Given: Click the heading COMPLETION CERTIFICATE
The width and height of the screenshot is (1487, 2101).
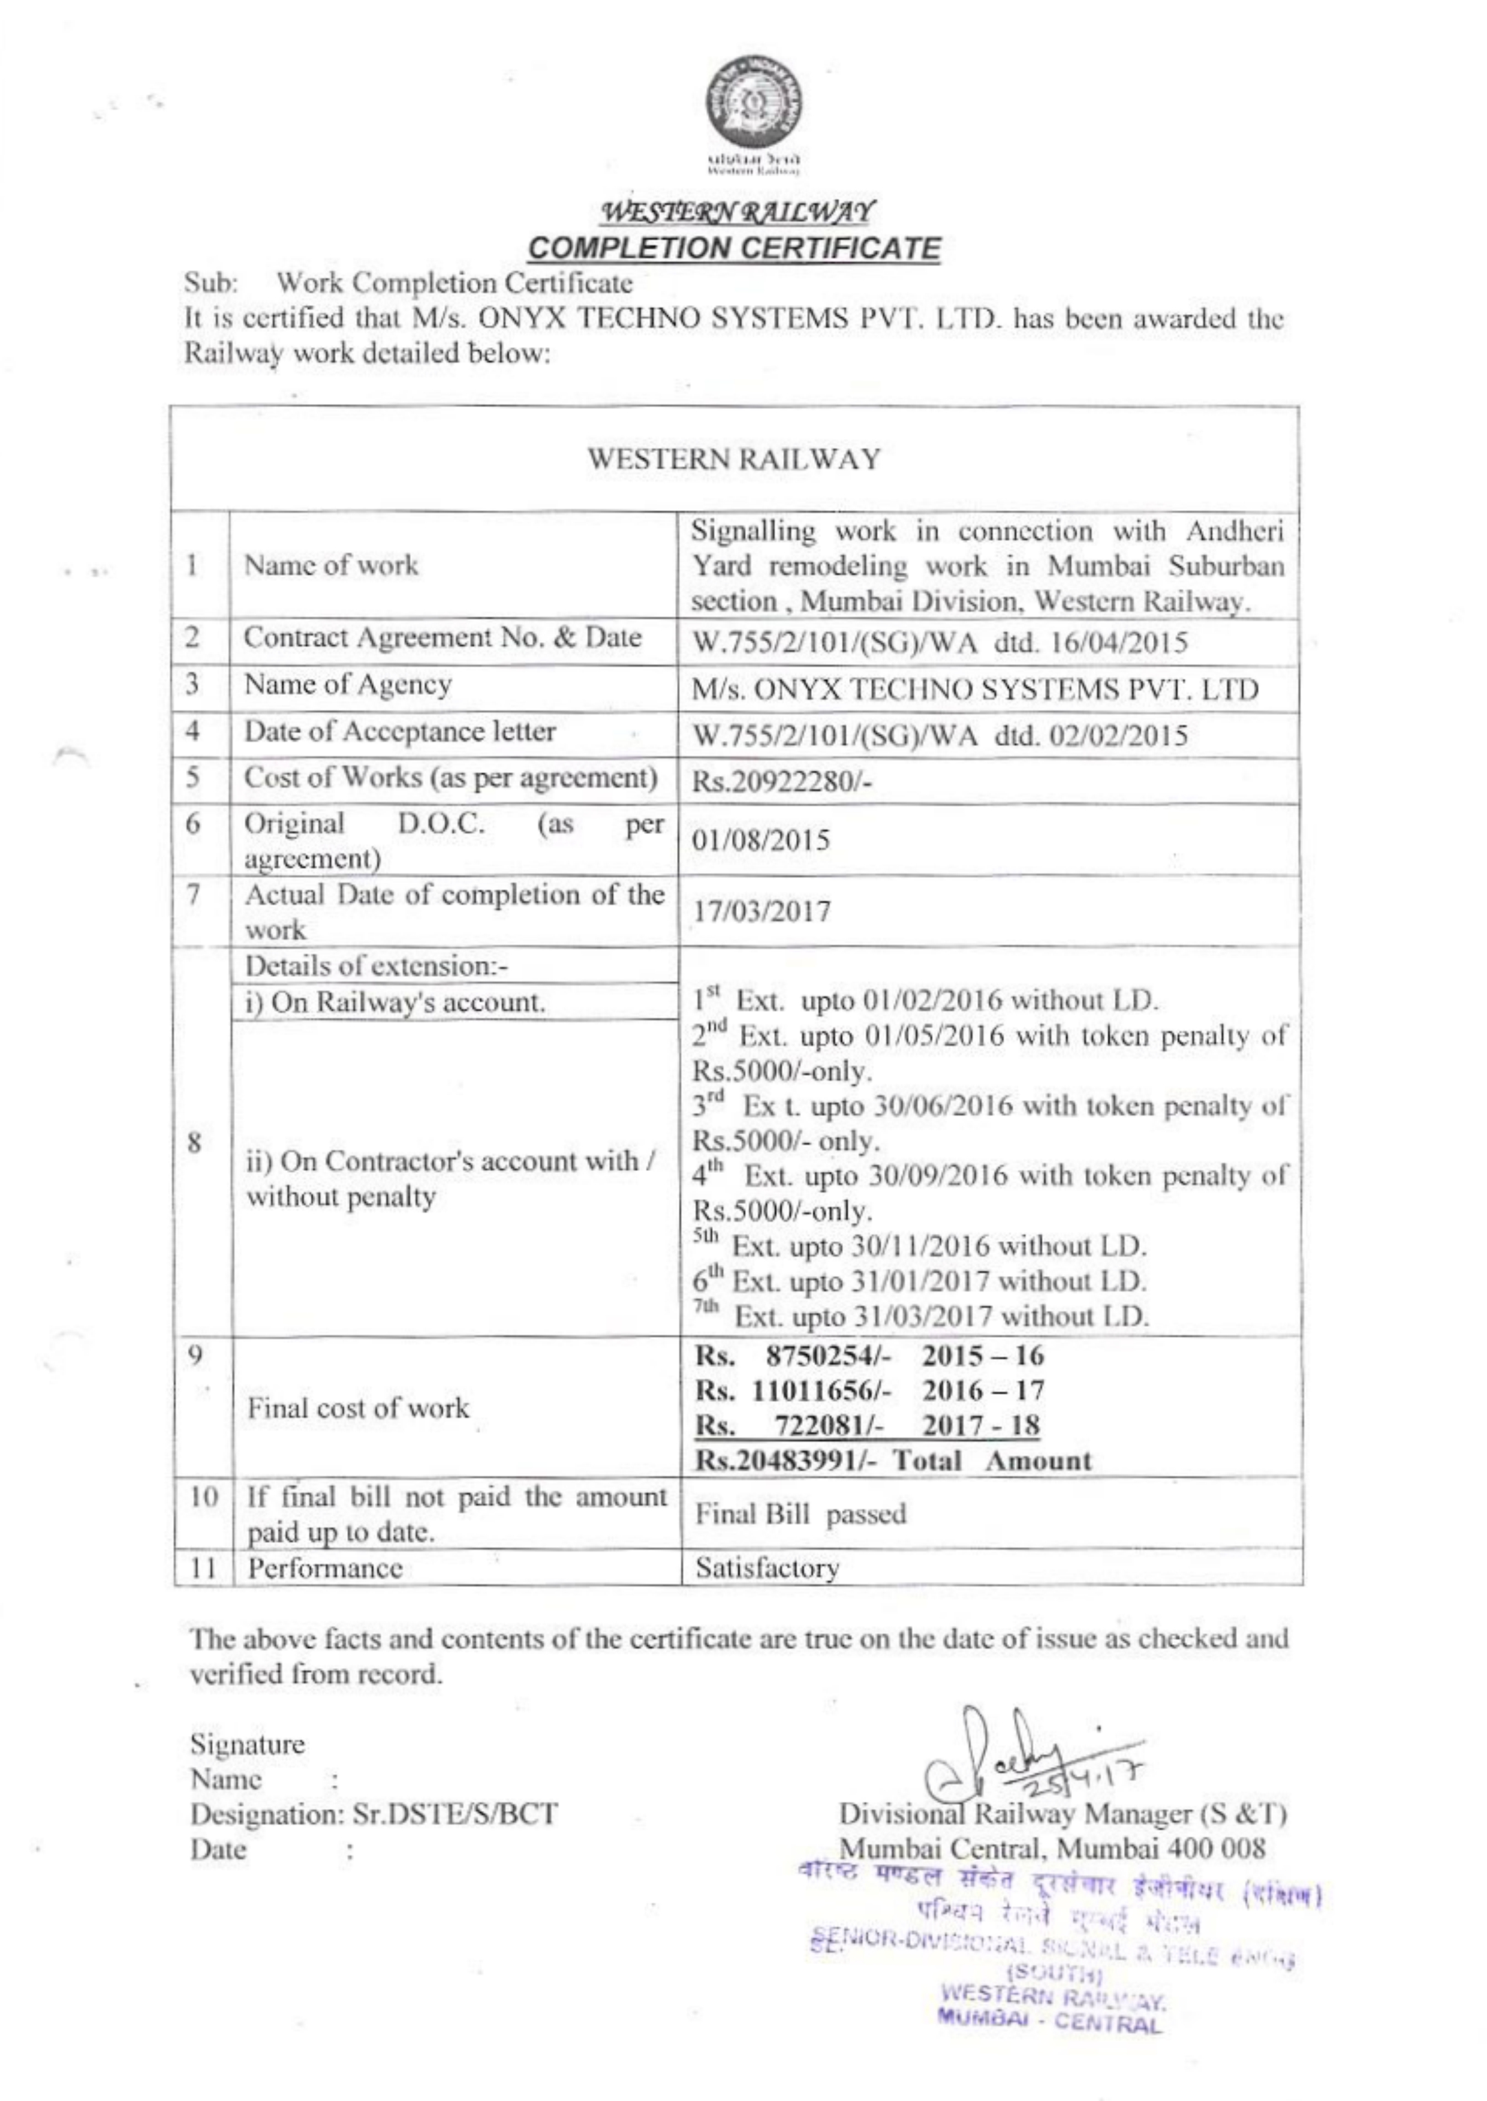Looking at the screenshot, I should click(x=736, y=248).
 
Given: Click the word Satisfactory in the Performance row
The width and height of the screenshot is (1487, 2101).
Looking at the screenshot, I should click(x=767, y=1568).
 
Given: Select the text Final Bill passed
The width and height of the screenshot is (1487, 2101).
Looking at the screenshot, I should click(x=800, y=1514).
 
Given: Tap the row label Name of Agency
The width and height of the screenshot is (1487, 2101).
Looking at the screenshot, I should click(x=347, y=685).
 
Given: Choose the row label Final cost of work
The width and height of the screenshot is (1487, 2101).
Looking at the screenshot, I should click(x=357, y=1407).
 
